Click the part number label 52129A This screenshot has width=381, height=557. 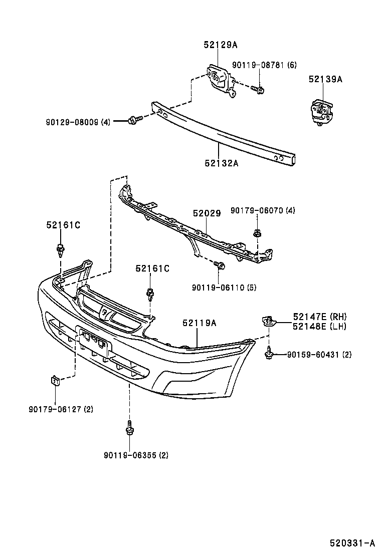point(220,45)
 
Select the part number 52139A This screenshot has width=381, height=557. point(325,79)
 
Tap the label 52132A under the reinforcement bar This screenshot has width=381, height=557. point(221,162)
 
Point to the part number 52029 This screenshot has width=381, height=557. point(207,213)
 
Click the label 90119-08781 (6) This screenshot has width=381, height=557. point(264,65)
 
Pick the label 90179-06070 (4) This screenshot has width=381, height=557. point(263,210)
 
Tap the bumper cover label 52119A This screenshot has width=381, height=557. point(200,323)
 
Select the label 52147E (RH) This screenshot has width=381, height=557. point(320,317)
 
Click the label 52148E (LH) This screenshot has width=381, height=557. point(320,326)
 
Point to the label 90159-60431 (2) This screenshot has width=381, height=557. point(319,355)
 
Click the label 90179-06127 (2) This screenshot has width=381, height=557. point(61,409)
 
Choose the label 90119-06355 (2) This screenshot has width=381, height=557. point(136,455)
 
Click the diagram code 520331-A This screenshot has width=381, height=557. point(352,542)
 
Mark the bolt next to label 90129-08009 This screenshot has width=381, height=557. point(133,120)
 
